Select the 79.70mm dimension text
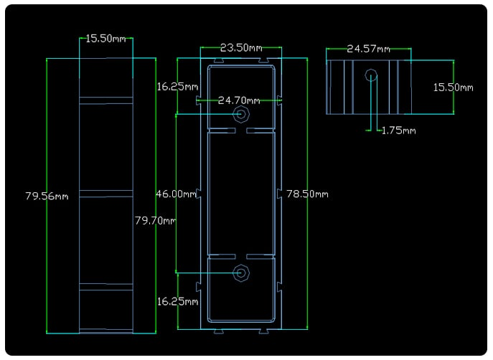pyautogui.click(x=155, y=220)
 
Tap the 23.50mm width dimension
pyautogui.click(x=240, y=48)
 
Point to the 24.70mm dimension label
pyautogui.click(x=240, y=100)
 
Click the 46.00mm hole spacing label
pyautogui.click(x=176, y=194)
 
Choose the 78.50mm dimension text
pyautogui.click(x=307, y=194)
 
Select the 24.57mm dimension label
pyautogui.click(x=368, y=49)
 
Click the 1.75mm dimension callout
pyautogui.click(x=398, y=131)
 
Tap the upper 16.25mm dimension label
pyautogui.click(x=177, y=87)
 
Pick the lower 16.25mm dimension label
pyautogui.click(x=177, y=301)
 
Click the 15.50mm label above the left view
pyautogui.click(x=106, y=39)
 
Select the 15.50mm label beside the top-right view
pyautogui.click(x=453, y=87)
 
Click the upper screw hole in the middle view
pyautogui.click(x=241, y=114)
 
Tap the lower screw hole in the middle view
pyautogui.click(x=241, y=273)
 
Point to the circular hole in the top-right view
pyautogui.click(x=371, y=75)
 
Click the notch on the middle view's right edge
pyautogui.click(x=279, y=194)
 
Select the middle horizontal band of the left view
pyautogui.click(x=106, y=193)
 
